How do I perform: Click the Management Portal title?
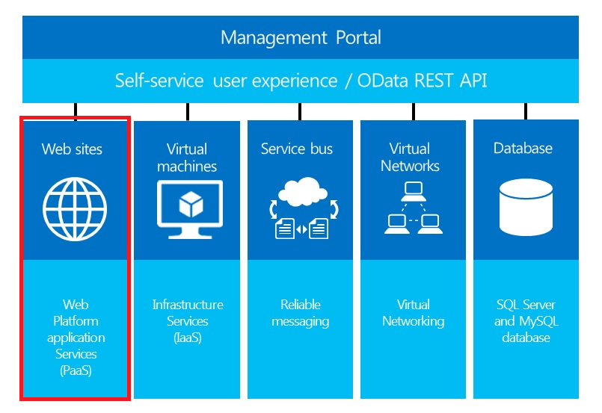click(301, 37)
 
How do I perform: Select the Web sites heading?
click(72, 149)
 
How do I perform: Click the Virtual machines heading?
click(187, 157)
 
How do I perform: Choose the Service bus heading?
click(297, 149)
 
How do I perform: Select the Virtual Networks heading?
click(410, 157)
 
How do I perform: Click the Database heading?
click(523, 149)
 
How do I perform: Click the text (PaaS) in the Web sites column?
click(76, 370)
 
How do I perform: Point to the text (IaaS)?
click(187, 338)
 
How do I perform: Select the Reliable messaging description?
click(301, 313)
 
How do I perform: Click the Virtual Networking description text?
click(413, 313)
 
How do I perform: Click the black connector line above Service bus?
click(300, 111)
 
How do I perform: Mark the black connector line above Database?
click(525, 111)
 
